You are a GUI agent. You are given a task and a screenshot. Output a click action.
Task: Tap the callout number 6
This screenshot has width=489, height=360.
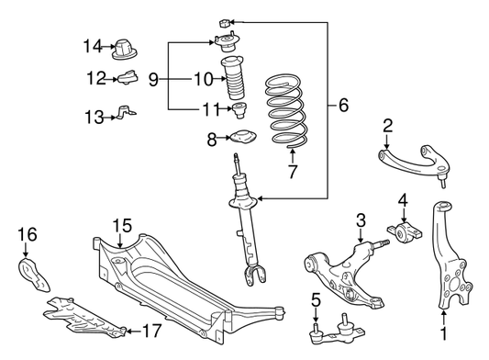coord(343,106)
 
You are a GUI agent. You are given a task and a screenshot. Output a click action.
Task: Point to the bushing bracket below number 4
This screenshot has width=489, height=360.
coord(405,233)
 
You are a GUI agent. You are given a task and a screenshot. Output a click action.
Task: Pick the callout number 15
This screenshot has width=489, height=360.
coord(122,226)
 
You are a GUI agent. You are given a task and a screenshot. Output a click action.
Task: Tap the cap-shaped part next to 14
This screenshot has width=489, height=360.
coord(125,50)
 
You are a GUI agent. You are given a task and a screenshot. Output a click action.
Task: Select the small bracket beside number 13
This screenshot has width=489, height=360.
coord(126,113)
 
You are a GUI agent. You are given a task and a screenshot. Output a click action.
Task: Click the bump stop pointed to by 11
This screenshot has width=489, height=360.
coord(239,110)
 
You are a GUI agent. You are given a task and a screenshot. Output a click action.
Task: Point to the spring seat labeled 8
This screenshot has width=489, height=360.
coord(243,137)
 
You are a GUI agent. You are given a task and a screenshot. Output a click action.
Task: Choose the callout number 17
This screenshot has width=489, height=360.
coord(152,331)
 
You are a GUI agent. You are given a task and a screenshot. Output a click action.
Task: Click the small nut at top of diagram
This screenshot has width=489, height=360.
coord(225,23)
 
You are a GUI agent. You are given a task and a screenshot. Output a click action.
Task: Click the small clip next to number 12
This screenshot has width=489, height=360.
coord(128,77)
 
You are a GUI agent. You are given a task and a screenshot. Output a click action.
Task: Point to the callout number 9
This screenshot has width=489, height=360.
coord(153,79)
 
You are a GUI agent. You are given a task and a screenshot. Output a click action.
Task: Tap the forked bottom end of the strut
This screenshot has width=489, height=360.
coord(255,275)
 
